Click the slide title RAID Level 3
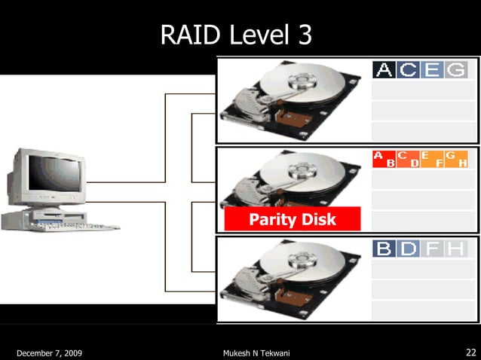point(236,35)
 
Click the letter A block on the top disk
point(384,70)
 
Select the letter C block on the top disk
point(408,70)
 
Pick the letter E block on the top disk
point(432,70)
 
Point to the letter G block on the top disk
point(455,70)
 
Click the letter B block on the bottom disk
point(384,249)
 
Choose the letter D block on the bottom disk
point(408,249)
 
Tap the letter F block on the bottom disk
point(432,249)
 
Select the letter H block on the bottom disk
point(455,249)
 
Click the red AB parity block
point(384,159)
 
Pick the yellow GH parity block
point(456,159)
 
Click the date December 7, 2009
point(49,352)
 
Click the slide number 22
point(470,352)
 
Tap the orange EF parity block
point(432,159)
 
